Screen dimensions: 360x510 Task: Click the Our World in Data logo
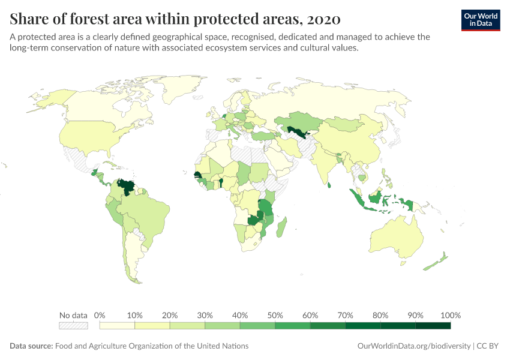click(480, 19)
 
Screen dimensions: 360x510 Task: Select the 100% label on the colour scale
click(450, 316)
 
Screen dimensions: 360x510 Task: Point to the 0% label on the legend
click(100, 316)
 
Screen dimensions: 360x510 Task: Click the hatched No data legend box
click(73, 326)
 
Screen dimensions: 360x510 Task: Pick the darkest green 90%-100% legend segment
click(433, 326)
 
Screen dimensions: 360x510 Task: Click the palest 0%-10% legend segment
click(117, 326)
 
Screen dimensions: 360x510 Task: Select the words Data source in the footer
click(31, 346)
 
